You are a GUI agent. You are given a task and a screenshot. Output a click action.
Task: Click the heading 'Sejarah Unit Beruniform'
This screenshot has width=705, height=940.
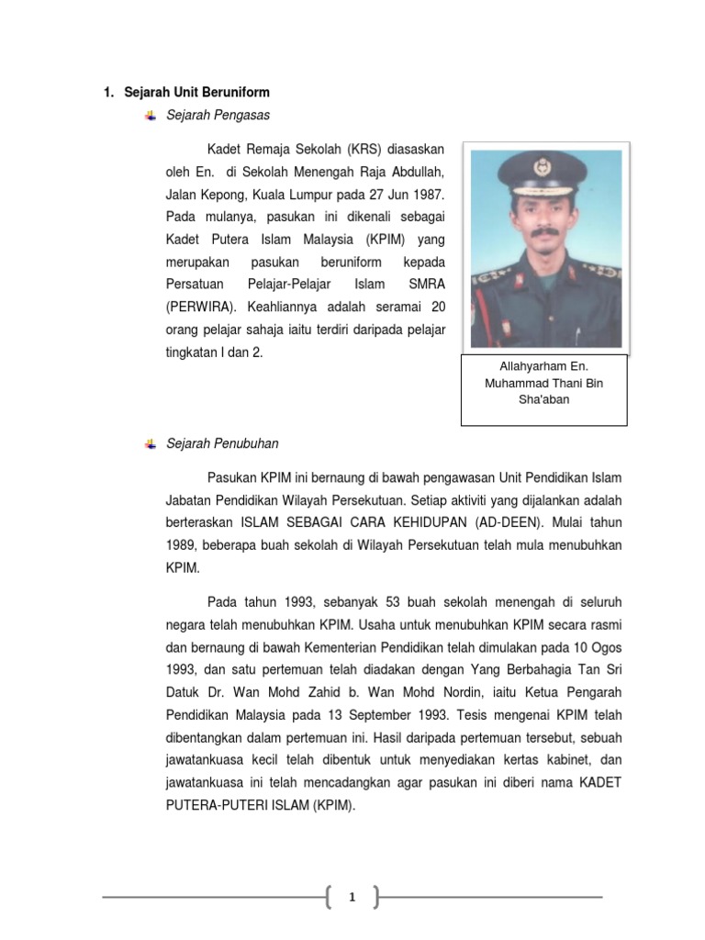(196, 93)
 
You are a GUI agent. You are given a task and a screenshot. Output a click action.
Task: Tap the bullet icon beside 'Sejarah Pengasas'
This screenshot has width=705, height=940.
(151, 115)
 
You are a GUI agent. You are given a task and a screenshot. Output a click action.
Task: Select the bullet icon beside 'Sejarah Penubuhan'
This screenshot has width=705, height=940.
(151, 443)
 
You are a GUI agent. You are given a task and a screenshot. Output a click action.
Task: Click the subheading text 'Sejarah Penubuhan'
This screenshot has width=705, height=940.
(222, 443)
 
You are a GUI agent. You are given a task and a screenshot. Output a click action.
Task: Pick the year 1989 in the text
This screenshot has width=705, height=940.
(181, 545)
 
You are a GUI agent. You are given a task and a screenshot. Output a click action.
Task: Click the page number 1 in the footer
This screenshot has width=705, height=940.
(352, 898)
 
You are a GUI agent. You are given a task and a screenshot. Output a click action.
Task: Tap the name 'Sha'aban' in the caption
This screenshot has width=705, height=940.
(543, 399)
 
